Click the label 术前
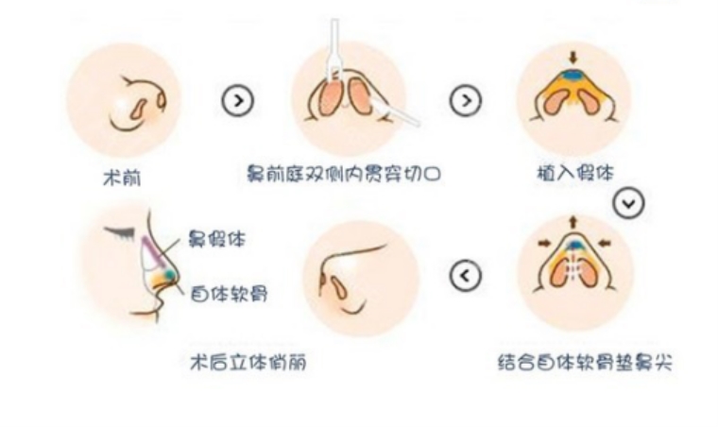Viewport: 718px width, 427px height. [x=122, y=177]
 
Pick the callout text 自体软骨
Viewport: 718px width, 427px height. [x=228, y=294]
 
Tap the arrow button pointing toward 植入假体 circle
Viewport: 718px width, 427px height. [x=465, y=98]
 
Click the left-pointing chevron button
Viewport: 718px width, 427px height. [x=466, y=276]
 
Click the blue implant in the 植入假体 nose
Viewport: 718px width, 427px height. [x=573, y=75]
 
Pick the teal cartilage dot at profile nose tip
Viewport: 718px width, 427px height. [x=168, y=274]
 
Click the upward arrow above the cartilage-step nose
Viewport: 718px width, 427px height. [x=573, y=222]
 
